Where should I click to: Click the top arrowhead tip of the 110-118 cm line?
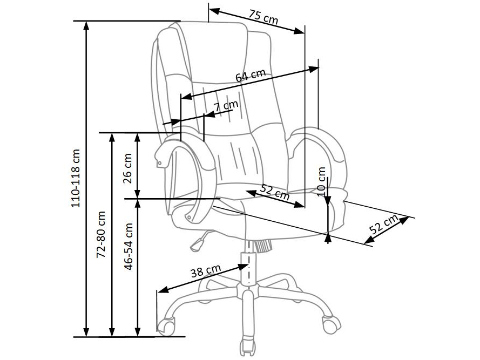pos(86,22)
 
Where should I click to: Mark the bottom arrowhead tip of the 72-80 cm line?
pos(112,336)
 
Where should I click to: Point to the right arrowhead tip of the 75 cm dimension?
pos(305,33)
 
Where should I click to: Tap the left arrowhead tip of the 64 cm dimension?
pos(181,99)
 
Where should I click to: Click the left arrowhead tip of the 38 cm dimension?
pos(158,291)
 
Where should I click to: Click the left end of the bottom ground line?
pos(73,337)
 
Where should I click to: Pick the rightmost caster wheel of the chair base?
pos(331,324)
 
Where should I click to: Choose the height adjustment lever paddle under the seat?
pos(197,244)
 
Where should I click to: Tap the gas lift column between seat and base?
pos(248,267)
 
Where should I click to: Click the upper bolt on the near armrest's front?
pos(159,164)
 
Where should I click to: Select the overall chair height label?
pos(75,178)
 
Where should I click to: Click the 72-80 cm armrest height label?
pos(101,234)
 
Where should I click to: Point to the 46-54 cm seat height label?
pos(129,247)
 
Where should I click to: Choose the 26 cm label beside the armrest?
pos(127,168)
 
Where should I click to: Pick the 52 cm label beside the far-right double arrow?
pos(383,225)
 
